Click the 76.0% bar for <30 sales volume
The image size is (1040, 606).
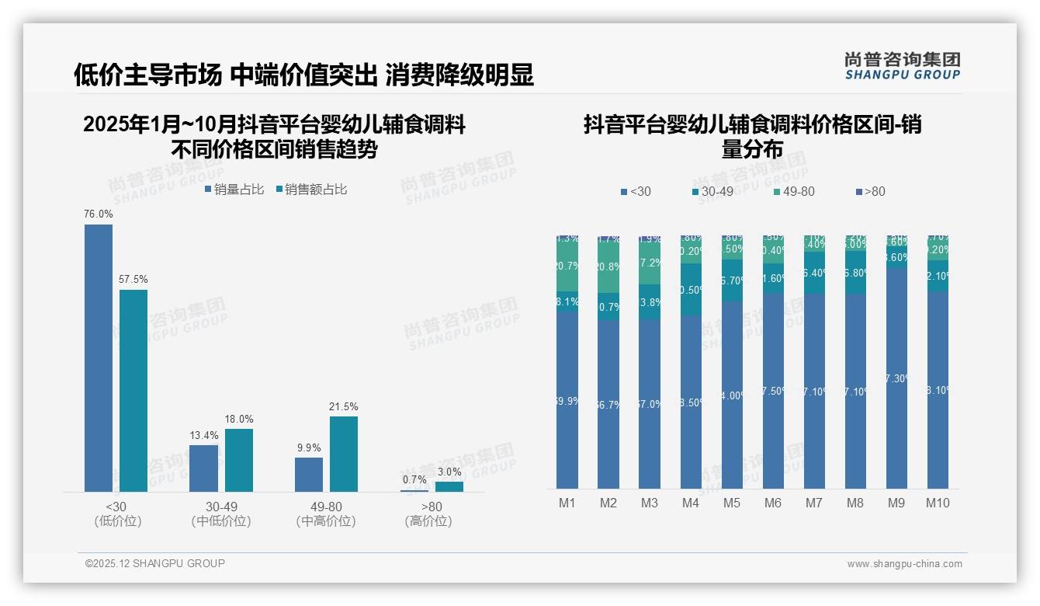pos(99,357)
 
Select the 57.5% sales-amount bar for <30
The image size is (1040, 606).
pos(133,390)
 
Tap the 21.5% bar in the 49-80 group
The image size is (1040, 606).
pos(344,454)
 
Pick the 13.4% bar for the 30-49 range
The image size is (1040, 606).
pos(203,468)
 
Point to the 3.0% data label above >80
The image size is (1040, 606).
pos(449,472)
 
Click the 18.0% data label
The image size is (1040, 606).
pos(239,419)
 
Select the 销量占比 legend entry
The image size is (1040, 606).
pos(234,190)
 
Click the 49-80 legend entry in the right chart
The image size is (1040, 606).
pos(794,192)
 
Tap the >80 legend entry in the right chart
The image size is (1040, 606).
pos(870,192)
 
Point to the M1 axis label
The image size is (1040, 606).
pos(567,503)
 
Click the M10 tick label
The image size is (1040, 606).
pos(937,503)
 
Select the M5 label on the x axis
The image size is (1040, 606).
pos(732,503)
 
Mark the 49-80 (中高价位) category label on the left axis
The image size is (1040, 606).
pos(326,514)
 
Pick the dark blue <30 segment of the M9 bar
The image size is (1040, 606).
pos(896,378)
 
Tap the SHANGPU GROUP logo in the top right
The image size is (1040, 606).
pos(902,65)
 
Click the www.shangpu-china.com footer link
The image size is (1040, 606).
pos(904,564)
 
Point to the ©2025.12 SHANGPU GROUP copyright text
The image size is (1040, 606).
pos(155,563)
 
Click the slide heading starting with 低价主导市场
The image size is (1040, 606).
pos(303,75)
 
